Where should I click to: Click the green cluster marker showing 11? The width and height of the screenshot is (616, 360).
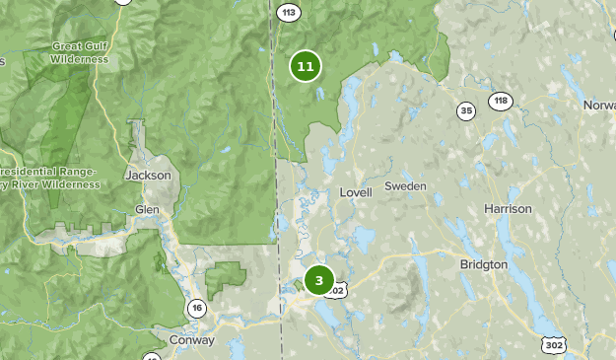[306, 67]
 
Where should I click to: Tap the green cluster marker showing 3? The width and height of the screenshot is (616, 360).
[318, 280]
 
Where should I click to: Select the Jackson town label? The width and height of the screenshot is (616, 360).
[149, 176]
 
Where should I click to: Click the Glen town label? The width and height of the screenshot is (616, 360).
[147, 210]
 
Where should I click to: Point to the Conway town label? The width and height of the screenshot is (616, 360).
[193, 340]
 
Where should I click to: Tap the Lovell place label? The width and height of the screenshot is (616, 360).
[355, 192]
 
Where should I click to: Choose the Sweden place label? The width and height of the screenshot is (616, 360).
[405, 186]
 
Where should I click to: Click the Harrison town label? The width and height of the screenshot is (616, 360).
[508, 209]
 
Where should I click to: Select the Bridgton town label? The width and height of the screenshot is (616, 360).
[483, 265]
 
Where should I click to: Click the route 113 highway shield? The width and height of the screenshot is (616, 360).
[287, 13]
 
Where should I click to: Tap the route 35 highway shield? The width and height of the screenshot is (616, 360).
[466, 110]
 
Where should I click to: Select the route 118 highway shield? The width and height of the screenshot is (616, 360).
[502, 101]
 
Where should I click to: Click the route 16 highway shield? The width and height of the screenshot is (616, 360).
[197, 309]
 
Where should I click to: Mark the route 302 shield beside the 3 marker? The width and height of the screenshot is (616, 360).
[336, 291]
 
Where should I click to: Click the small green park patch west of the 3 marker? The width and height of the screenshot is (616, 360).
[227, 275]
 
